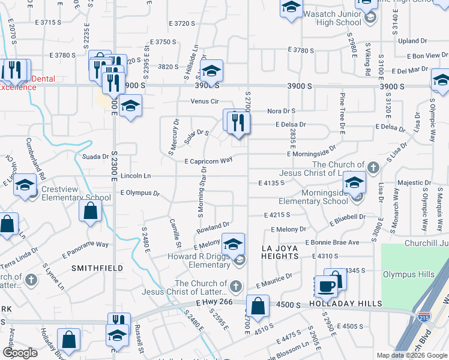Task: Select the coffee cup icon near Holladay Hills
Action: pyautogui.click(x=327, y=286)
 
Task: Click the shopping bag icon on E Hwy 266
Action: pyautogui.click(x=258, y=305)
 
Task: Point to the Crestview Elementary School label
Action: pyautogui.click(x=76, y=193)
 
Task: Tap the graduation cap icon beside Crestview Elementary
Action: pyautogui.click(x=25, y=185)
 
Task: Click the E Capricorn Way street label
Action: pyautogui.click(x=208, y=161)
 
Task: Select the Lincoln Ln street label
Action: pyautogui.click(x=135, y=176)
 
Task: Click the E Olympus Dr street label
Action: pyautogui.click(x=139, y=193)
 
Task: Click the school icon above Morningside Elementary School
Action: pyautogui.click(x=355, y=182)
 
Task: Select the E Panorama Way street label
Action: pyautogui.click(x=85, y=245)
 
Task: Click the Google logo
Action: pyautogui.click(x=20, y=353)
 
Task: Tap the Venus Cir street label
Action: pyautogui.click(x=204, y=101)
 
